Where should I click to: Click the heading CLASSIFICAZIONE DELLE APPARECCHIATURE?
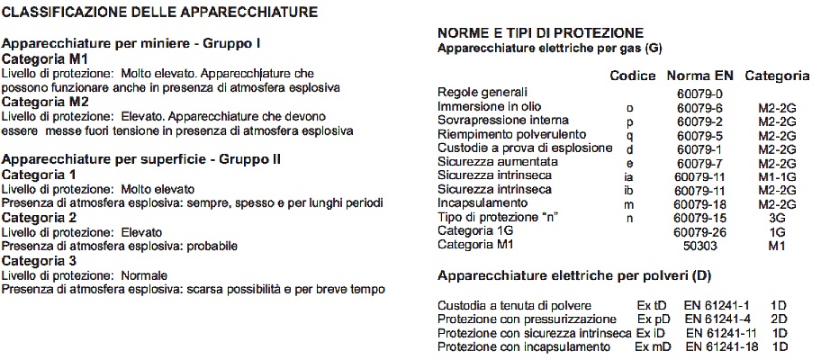click(160, 13)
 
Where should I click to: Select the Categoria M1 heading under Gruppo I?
click(41, 58)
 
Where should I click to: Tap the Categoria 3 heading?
click(39, 260)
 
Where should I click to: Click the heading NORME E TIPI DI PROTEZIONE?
click(539, 33)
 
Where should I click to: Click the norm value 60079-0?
click(699, 93)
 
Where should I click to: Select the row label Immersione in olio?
click(489, 106)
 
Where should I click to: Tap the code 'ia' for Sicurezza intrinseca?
click(630, 176)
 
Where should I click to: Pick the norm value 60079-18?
click(699, 204)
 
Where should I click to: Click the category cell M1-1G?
click(777, 176)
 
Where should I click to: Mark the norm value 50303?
click(699, 246)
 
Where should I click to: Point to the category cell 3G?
click(777, 218)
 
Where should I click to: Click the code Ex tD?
click(653, 305)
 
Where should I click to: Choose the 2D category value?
click(780, 319)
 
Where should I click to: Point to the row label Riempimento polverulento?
click(505, 134)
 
